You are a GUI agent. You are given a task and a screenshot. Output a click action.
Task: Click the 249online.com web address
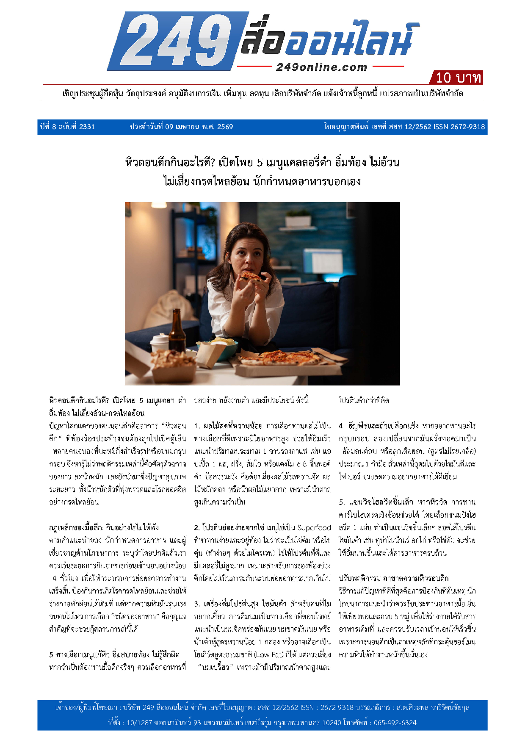pyautogui.click(x=321, y=67)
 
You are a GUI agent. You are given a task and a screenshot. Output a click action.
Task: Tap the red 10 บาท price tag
pyautogui.click(x=457, y=78)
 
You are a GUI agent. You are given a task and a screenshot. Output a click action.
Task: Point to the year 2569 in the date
pyautogui.click(x=225, y=127)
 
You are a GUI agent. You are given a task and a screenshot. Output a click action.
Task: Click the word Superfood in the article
pyautogui.click(x=314, y=528)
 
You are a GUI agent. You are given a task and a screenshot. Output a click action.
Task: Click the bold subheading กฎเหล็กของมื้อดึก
pyautogui.click(x=75, y=527)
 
